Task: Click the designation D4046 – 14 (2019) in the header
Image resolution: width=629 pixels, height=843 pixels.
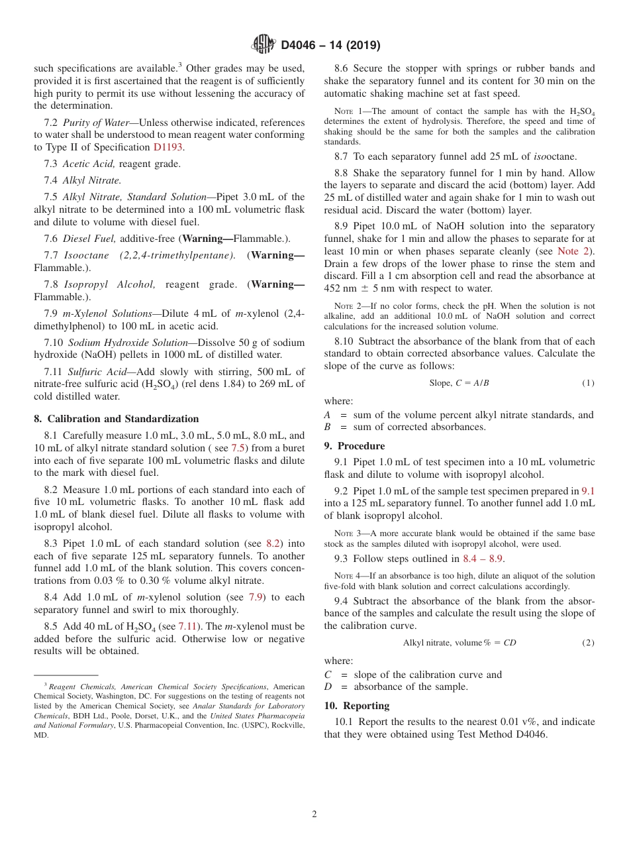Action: (x=330, y=46)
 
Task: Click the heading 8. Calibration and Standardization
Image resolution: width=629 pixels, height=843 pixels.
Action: (x=116, y=419)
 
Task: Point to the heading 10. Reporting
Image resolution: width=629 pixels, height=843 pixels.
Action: (x=357, y=706)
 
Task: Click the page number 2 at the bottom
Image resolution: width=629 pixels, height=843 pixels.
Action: (x=314, y=814)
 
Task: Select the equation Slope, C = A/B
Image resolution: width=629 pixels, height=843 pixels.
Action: (x=459, y=383)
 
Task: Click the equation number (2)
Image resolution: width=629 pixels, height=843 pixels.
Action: (x=587, y=643)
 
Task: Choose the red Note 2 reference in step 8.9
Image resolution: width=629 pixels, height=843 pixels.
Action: (x=575, y=251)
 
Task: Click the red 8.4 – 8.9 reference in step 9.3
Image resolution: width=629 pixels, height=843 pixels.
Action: (x=482, y=559)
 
